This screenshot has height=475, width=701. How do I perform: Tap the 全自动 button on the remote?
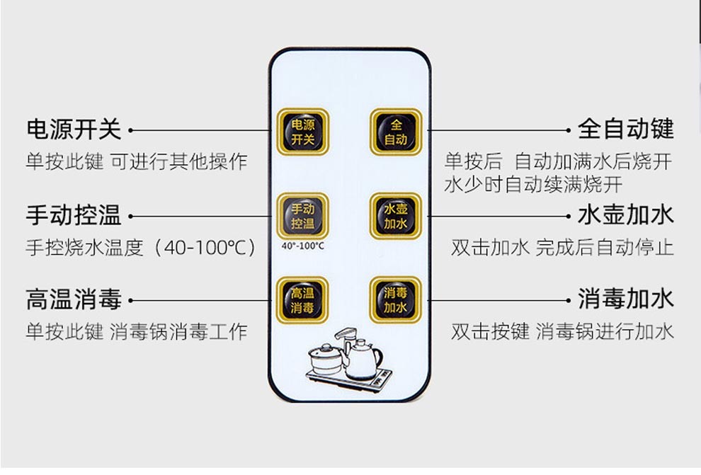pyautogui.click(x=395, y=132)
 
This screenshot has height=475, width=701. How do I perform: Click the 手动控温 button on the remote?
pyautogui.click(x=302, y=216)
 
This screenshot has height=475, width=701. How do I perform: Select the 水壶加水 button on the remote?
pyautogui.click(x=395, y=216)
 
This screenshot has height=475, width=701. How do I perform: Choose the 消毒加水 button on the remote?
pyautogui.click(x=395, y=300)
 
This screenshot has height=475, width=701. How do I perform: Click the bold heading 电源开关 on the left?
pyautogui.click(x=74, y=130)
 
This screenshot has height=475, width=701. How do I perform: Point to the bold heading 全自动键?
pyautogui.click(x=626, y=130)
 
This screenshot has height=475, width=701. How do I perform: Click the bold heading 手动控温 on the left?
pyautogui.click(x=74, y=214)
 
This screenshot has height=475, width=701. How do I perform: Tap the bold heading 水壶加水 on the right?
pyautogui.click(x=626, y=214)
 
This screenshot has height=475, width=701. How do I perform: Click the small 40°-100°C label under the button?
pyautogui.click(x=302, y=246)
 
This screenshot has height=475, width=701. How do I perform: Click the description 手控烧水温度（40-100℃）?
pyautogui.click(x=140, y=248)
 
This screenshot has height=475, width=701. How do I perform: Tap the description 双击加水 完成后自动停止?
pyautogui.click(x=562, y=248)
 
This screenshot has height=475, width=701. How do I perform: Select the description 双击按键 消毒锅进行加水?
pyautogui.click(x=562, y=331)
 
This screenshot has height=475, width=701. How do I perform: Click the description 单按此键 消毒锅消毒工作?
pyautogui.click(x=137, y=331)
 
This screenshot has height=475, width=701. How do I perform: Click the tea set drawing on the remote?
pyautogui.click(x=348, y=360)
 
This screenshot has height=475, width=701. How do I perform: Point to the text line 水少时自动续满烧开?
pyautogui.click(x=533, y=185)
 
